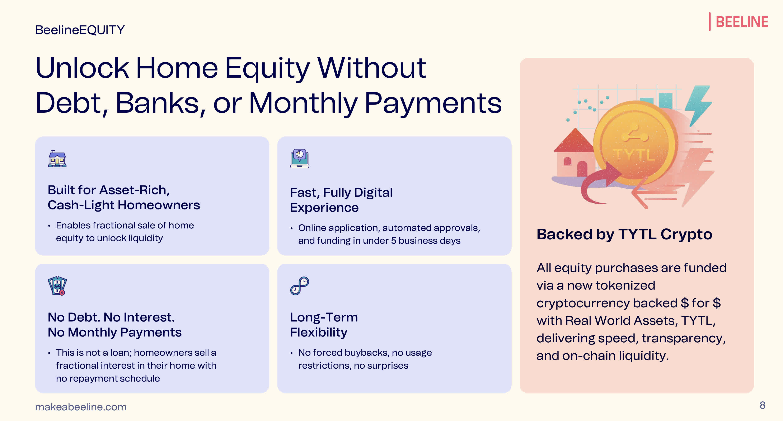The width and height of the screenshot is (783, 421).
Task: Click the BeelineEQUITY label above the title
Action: [x=80, y=30]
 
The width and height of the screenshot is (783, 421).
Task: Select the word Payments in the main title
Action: [x=433, y=103]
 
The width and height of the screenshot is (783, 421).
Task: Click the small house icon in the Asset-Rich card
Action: [x=57, y=159]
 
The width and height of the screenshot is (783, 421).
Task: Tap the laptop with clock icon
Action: [x=299, y=158]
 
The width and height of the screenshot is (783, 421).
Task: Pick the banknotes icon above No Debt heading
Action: [x=57, y=286]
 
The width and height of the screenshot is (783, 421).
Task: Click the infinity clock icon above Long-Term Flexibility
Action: [x=299, y=286]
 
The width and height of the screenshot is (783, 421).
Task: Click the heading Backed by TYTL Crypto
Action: [x=624, y=234]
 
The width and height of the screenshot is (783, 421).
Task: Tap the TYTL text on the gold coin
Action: [x=634, y=155]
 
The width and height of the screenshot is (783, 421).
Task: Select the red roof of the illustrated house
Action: [x=574, y=141]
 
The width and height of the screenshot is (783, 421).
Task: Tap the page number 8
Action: [x=762, y=405]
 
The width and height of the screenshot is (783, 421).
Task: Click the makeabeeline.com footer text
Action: [x=81, y=407]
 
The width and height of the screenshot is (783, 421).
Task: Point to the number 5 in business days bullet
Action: [x=393, y=241]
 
